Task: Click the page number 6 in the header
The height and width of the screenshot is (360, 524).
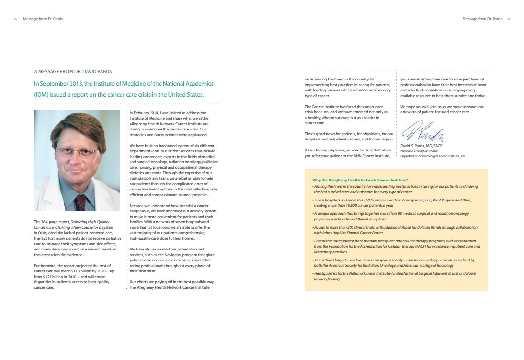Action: pyautogui.click(x=16, y=19)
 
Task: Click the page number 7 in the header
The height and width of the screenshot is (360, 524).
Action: pyautogui.click(x=508, y=19)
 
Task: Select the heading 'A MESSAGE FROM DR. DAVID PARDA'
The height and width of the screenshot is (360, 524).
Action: pyautogui.click(x=73, y=72)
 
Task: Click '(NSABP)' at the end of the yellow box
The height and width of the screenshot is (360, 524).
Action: pyautogui.click(x=322, y=279)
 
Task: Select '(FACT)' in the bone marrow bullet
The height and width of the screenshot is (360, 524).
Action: pyautogui.click(x=426, y=246)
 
